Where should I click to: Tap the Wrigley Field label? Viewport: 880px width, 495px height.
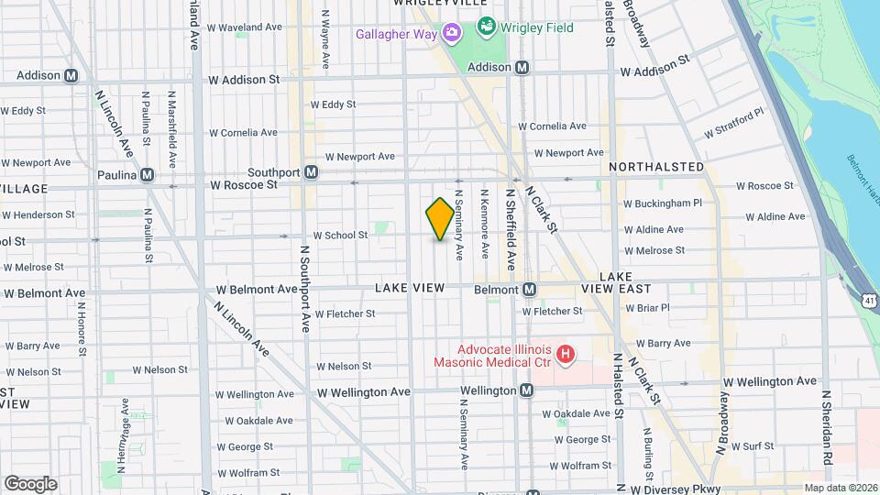click(536, 27)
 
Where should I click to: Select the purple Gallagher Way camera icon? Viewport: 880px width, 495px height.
click(451, 34)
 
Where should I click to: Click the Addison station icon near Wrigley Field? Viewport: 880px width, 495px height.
click(522, 67)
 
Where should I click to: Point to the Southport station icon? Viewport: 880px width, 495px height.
click(312, 172)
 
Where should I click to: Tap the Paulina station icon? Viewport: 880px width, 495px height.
click(148, 175)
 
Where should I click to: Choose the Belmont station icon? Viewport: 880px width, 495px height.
click(530, 289)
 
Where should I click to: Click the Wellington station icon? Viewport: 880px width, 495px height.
click(527, 390)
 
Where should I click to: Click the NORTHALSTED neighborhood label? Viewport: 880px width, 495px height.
click(656, 167)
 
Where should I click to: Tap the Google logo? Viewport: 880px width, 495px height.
click(30, 484)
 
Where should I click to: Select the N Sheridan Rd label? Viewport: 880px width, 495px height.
click(826, 426)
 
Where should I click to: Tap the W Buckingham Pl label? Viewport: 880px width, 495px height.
click(662, 203)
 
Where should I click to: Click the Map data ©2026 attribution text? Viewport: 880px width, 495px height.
click(841, 488)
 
